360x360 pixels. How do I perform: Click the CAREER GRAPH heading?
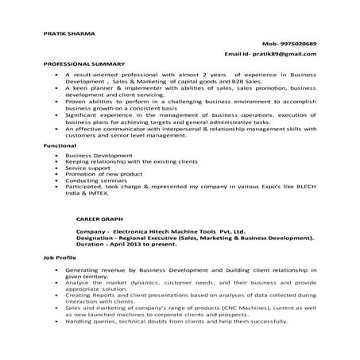pos(101,216)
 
